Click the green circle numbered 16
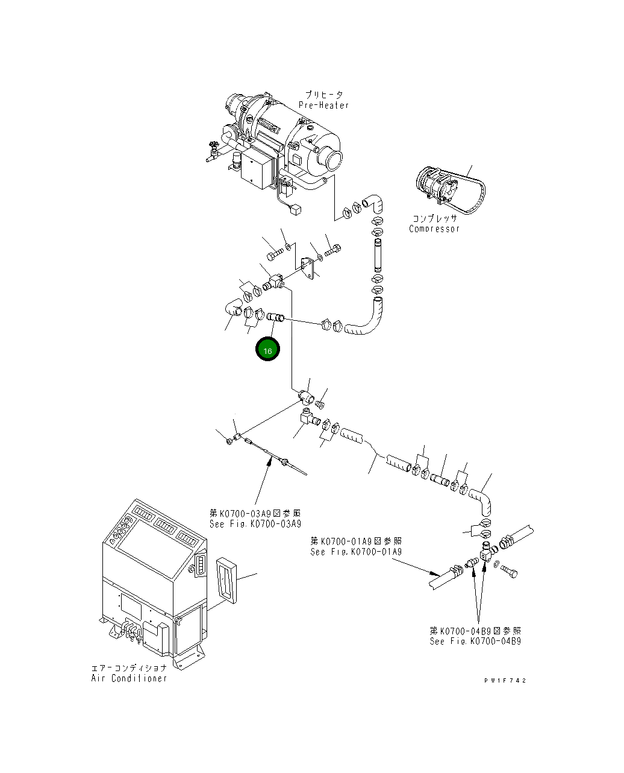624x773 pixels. (267, 350)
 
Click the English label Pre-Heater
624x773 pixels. (323, 106)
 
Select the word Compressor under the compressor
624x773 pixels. (434, 229)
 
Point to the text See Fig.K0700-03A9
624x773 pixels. (255, 523)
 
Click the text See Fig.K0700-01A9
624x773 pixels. (355, 551)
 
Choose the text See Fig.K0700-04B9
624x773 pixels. (475, 641)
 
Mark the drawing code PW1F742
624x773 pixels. (505, 680)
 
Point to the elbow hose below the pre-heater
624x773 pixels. (372, 203)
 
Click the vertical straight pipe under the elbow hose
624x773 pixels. (377, 255)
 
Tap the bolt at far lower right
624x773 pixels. (509, 571)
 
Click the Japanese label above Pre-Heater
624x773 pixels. (323, 95)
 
